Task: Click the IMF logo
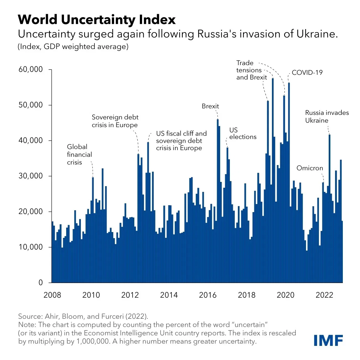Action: (x=328, y=340)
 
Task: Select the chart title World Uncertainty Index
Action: (x=97, y=20)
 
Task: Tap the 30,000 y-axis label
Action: (x=31, y=176)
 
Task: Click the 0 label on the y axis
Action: (x=41, y=282)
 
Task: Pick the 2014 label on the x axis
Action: (x=169, y=295)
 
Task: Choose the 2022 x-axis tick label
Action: (x=324, y=295)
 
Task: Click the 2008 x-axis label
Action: (x=52, y=295)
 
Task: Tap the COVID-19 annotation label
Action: (x=307, y=73)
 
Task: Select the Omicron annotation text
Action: (x=310, y=168)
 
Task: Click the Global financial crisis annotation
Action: (x=79, y=155)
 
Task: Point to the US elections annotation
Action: (x=243, y=133)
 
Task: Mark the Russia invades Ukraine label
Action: (x=327, y=117)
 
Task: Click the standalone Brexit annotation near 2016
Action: (x=210, y=106)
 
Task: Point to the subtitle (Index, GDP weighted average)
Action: (x=73, y=47)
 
